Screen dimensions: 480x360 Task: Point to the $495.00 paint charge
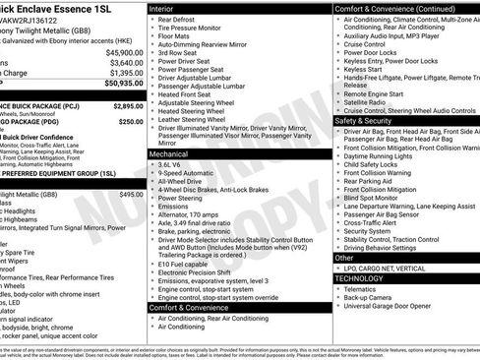[131, 195]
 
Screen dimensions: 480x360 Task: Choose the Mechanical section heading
[175, 153]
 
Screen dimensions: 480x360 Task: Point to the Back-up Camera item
[371, 298]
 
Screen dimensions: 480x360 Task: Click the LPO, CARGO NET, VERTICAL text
[389, 269]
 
